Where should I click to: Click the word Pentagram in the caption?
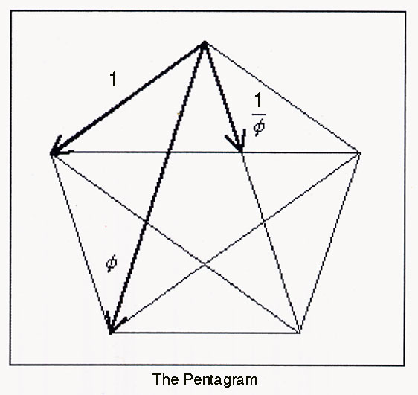(x=220, y=379)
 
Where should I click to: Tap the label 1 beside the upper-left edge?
(x=114, y=80)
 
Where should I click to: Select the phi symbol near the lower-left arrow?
(x=111, y=263)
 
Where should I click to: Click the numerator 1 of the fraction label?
(x=259, y=100)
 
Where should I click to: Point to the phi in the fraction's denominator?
(x=259, y=126)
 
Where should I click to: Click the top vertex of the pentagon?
(x=204, y=45)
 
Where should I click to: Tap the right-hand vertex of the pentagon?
(x=360, y=153)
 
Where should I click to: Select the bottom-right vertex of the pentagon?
(x=300, y=332)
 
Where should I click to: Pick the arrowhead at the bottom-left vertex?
(x=113, y=325)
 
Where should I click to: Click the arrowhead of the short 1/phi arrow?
(x=237, y=143)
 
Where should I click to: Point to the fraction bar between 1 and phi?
(x=259, y=114)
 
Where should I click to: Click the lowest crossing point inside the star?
(x=205, y=264)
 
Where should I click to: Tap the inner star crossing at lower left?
(x=146, y=221)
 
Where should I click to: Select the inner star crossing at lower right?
(x=263, y=221)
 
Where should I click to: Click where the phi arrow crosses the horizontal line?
(x=168, y=152)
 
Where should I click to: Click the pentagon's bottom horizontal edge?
(x=205, y=333)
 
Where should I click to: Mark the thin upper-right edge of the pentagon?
(x=282, y=99)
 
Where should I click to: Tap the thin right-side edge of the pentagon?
(x=329, y=243)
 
